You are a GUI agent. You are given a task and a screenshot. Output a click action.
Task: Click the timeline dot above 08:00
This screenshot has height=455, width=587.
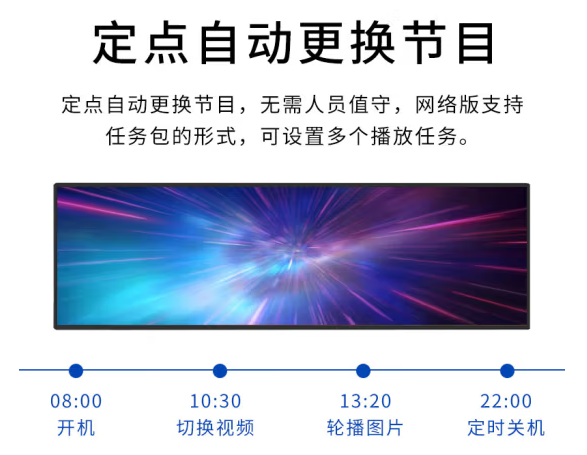click(76, 371)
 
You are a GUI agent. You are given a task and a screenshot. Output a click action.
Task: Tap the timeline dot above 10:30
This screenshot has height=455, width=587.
click(220, 371)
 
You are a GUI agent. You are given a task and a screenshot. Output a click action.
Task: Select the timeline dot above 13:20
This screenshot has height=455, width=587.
click(364, 371)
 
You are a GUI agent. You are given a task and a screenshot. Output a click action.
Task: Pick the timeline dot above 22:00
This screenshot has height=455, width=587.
click(507, 371)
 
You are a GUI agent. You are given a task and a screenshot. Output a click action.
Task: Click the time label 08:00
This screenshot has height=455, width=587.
click(76, 401)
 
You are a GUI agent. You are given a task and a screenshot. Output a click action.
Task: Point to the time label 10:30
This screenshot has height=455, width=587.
click(215, 401)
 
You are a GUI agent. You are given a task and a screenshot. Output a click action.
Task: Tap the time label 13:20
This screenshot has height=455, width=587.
click(365, 401)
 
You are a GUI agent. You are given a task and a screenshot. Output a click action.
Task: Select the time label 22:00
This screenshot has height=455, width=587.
click(506, 401)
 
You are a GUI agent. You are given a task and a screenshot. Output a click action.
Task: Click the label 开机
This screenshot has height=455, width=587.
click(76, 428)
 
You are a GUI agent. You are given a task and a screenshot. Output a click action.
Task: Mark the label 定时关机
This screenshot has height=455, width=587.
click(506, 428)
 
